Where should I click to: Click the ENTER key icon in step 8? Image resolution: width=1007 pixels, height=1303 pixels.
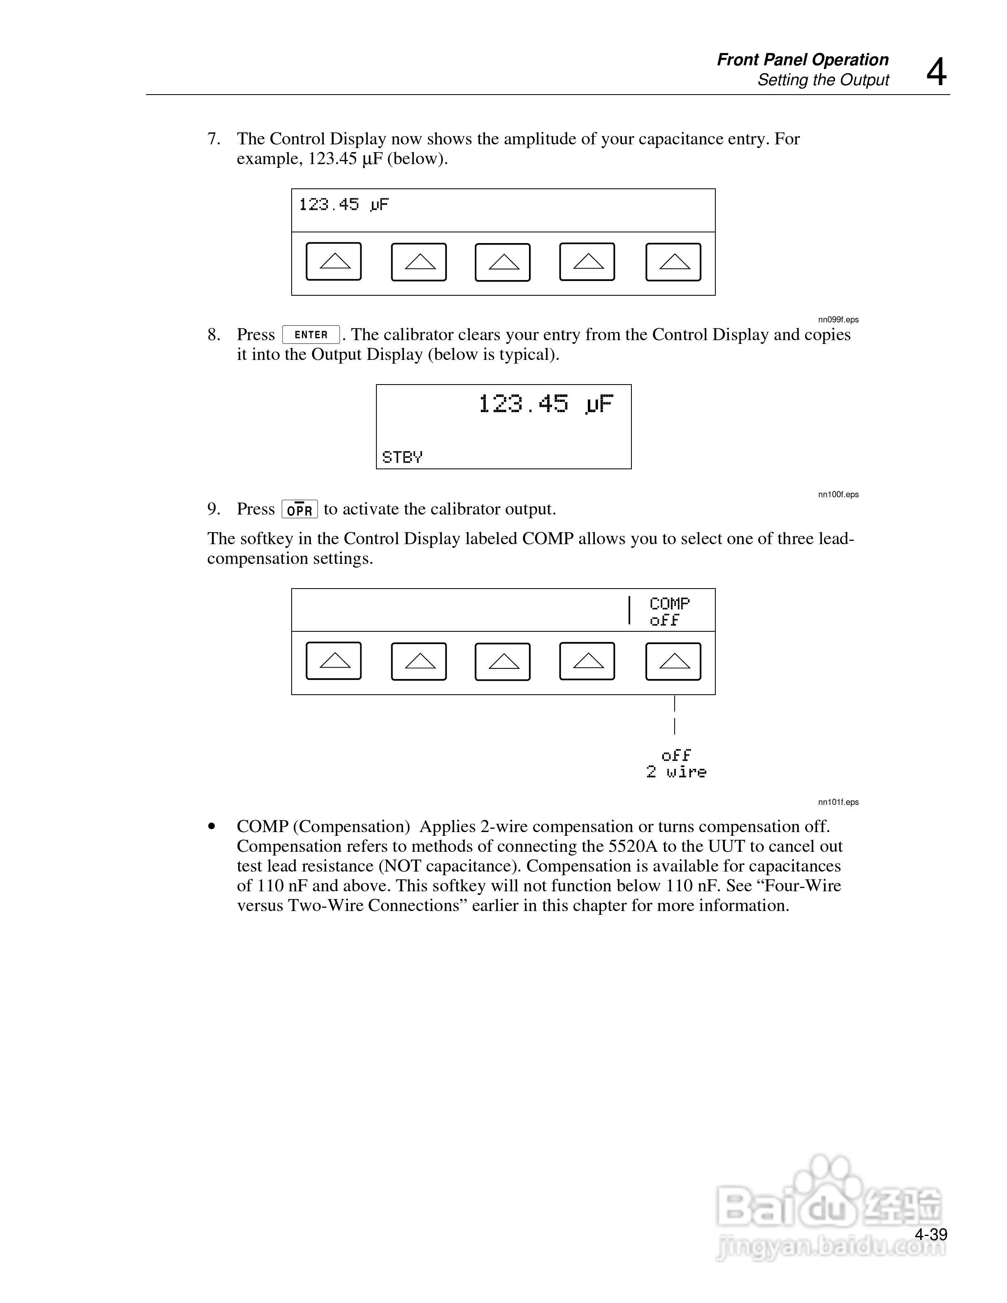(311, 335)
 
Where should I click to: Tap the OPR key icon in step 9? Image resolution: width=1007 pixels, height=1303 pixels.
(299, 510)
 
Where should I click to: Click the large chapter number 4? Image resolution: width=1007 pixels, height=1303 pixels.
(936, 72)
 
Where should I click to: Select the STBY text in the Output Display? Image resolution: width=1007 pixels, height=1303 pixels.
(402, 457)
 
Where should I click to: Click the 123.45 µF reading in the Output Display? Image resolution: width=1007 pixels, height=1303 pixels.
(545, 404)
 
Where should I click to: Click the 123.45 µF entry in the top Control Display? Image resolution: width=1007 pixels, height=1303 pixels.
(343, 205)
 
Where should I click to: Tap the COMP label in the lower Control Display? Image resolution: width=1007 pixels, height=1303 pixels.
(669, 604)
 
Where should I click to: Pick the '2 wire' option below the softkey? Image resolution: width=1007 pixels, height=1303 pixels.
(676, 772)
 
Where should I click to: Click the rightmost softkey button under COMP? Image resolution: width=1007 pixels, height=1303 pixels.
(673, 661)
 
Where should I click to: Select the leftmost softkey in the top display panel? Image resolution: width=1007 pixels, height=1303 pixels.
(334, 261)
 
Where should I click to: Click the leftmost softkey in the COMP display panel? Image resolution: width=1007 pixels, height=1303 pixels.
(334, 661)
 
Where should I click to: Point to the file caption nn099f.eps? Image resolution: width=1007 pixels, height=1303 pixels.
(838, 320)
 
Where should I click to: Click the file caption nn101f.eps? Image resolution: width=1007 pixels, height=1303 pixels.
(838, 802)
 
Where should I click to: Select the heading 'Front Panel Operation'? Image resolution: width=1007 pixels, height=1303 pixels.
(803, 60)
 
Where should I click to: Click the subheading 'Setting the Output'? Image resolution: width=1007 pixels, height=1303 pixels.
(823, 80)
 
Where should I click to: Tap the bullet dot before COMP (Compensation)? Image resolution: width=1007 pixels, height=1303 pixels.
(211, 827)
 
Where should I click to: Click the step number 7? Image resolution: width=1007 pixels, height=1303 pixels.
(213, 139)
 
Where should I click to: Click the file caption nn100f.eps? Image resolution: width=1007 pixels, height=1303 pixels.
(838, 495)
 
